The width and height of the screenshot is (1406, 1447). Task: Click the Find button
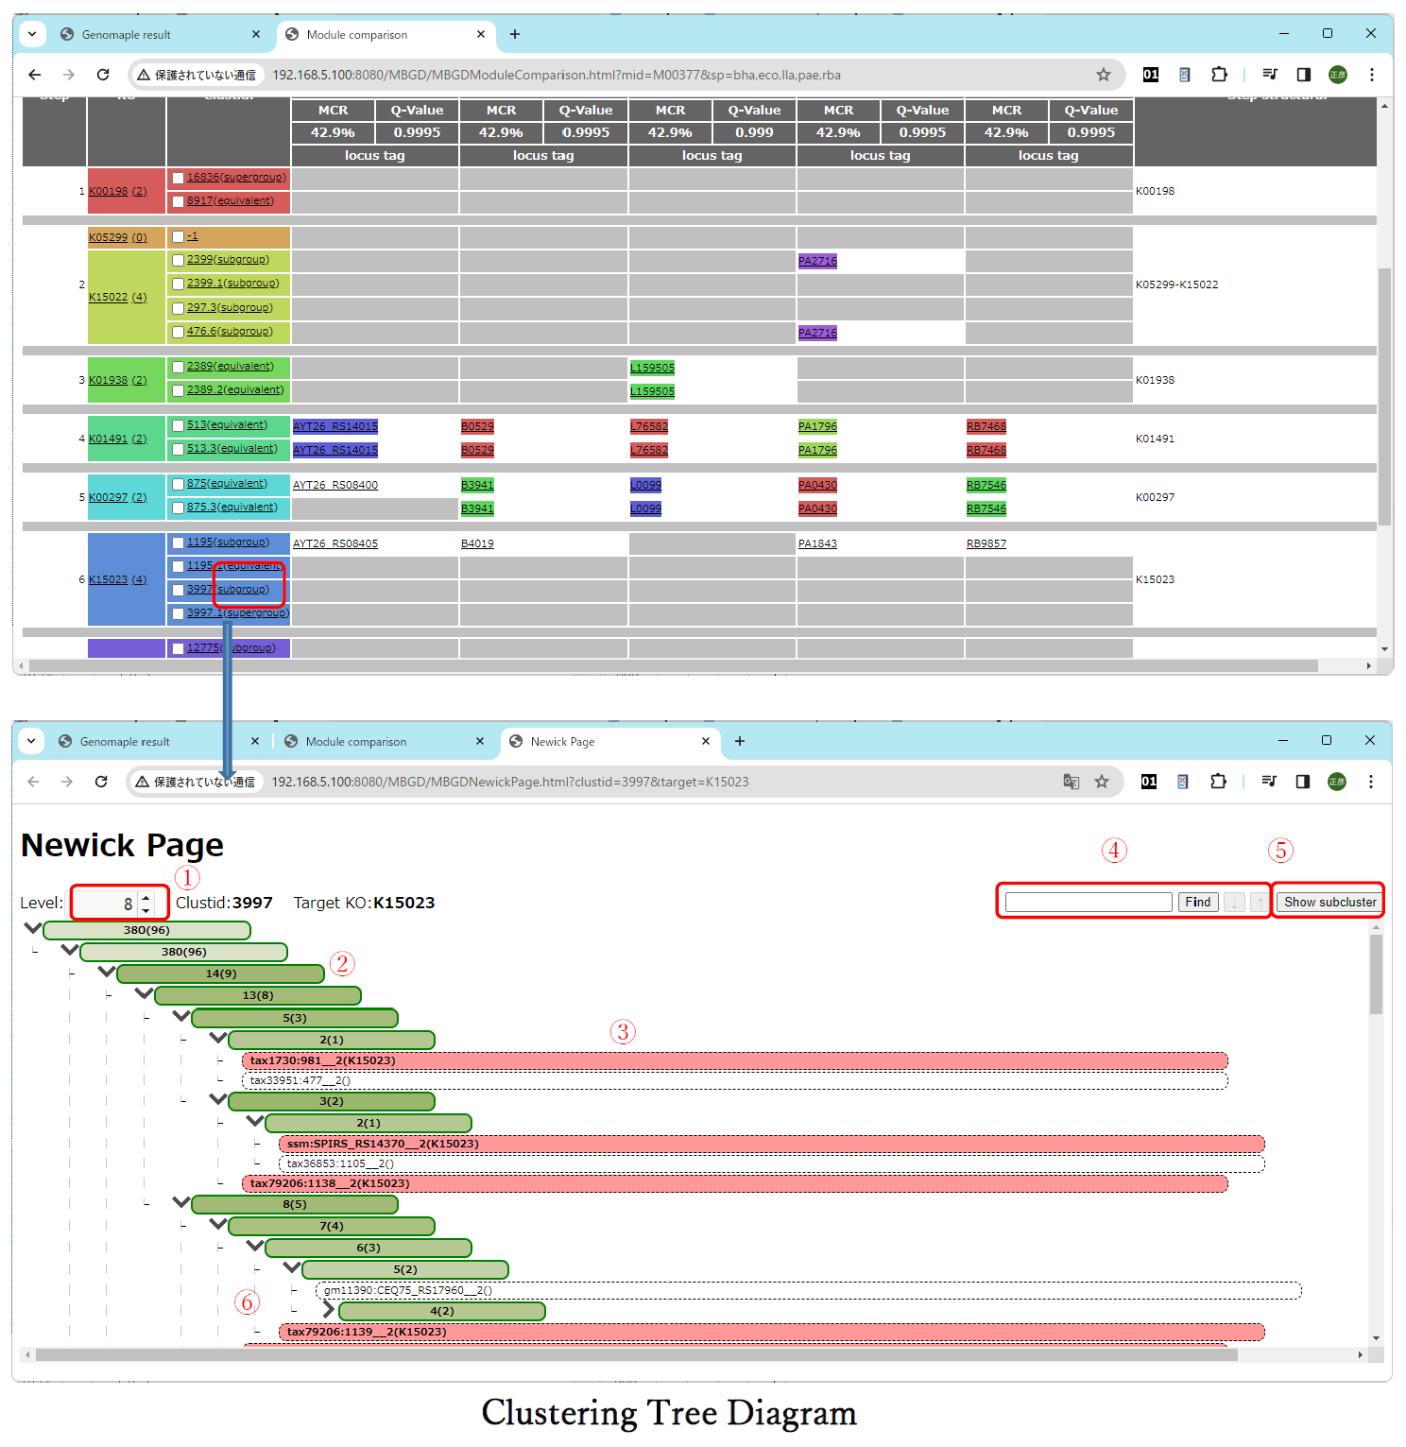[1197, 902]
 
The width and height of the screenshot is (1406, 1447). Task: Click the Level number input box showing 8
[109, 904]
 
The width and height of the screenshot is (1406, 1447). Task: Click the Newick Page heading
[122, 845]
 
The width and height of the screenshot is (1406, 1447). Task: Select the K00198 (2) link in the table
[117, 191]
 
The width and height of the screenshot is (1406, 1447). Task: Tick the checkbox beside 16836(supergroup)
[178, 178]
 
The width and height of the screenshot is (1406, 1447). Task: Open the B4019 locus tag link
[477, 543]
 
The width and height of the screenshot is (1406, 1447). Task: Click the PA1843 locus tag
[817, 543]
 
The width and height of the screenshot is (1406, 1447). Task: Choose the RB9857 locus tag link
[986, 543]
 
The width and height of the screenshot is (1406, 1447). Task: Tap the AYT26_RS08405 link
[334, 543]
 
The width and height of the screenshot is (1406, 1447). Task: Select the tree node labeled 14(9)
[221, 973]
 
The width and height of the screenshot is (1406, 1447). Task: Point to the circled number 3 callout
[623, 1032]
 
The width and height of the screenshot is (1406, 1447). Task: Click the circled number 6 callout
[247, 1302]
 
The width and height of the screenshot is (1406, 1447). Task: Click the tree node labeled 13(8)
[258, 995]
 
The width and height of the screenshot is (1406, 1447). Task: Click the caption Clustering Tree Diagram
[669, 1413]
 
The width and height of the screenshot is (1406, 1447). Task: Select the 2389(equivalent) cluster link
[230, 367]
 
